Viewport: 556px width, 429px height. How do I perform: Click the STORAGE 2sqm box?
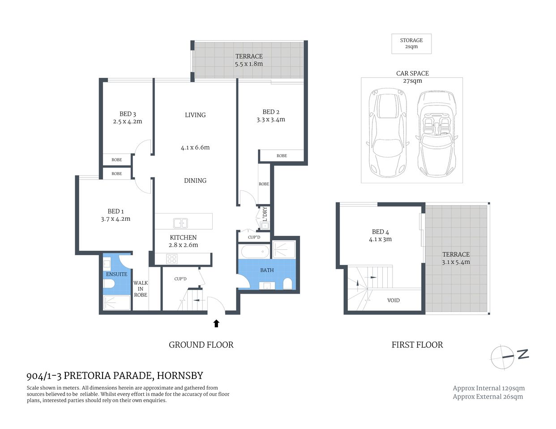tap(411, 43)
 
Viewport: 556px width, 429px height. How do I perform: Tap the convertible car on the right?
tap(436, 133)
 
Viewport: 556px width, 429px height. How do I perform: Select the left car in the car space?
tap(388, 133)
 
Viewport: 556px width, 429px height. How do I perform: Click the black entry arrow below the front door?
tap(216, 323)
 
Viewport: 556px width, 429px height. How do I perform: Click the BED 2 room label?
tap(270, 112)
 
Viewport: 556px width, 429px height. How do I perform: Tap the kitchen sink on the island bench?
tap(180, 223)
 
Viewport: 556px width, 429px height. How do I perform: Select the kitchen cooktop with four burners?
tap(172, 259)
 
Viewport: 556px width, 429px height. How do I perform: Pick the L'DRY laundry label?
tap(265, 214)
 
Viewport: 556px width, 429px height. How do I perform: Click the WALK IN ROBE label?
tap(140, 289)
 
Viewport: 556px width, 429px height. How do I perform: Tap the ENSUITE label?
tap(116, 274)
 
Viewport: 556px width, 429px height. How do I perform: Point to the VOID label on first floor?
tap(393, 300)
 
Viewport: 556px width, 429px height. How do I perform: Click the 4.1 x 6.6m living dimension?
tap(195, 147)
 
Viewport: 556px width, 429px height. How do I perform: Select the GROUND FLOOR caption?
tap(201, 345)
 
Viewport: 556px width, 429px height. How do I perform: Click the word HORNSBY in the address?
tap(179, 375)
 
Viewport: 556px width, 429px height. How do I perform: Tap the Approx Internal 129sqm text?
tap(488, 388)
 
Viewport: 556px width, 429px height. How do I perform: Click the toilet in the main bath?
tap(288, 283)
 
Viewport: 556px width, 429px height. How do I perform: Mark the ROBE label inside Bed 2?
tap(282, 156)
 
